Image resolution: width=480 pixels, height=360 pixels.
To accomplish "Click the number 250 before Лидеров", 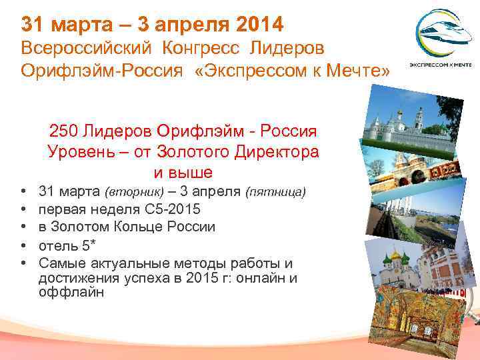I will tap(63, 129).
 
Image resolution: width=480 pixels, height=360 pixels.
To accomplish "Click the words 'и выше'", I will tap(183, 173).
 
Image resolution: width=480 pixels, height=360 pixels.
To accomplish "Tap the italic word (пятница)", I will tap(276, 193).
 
